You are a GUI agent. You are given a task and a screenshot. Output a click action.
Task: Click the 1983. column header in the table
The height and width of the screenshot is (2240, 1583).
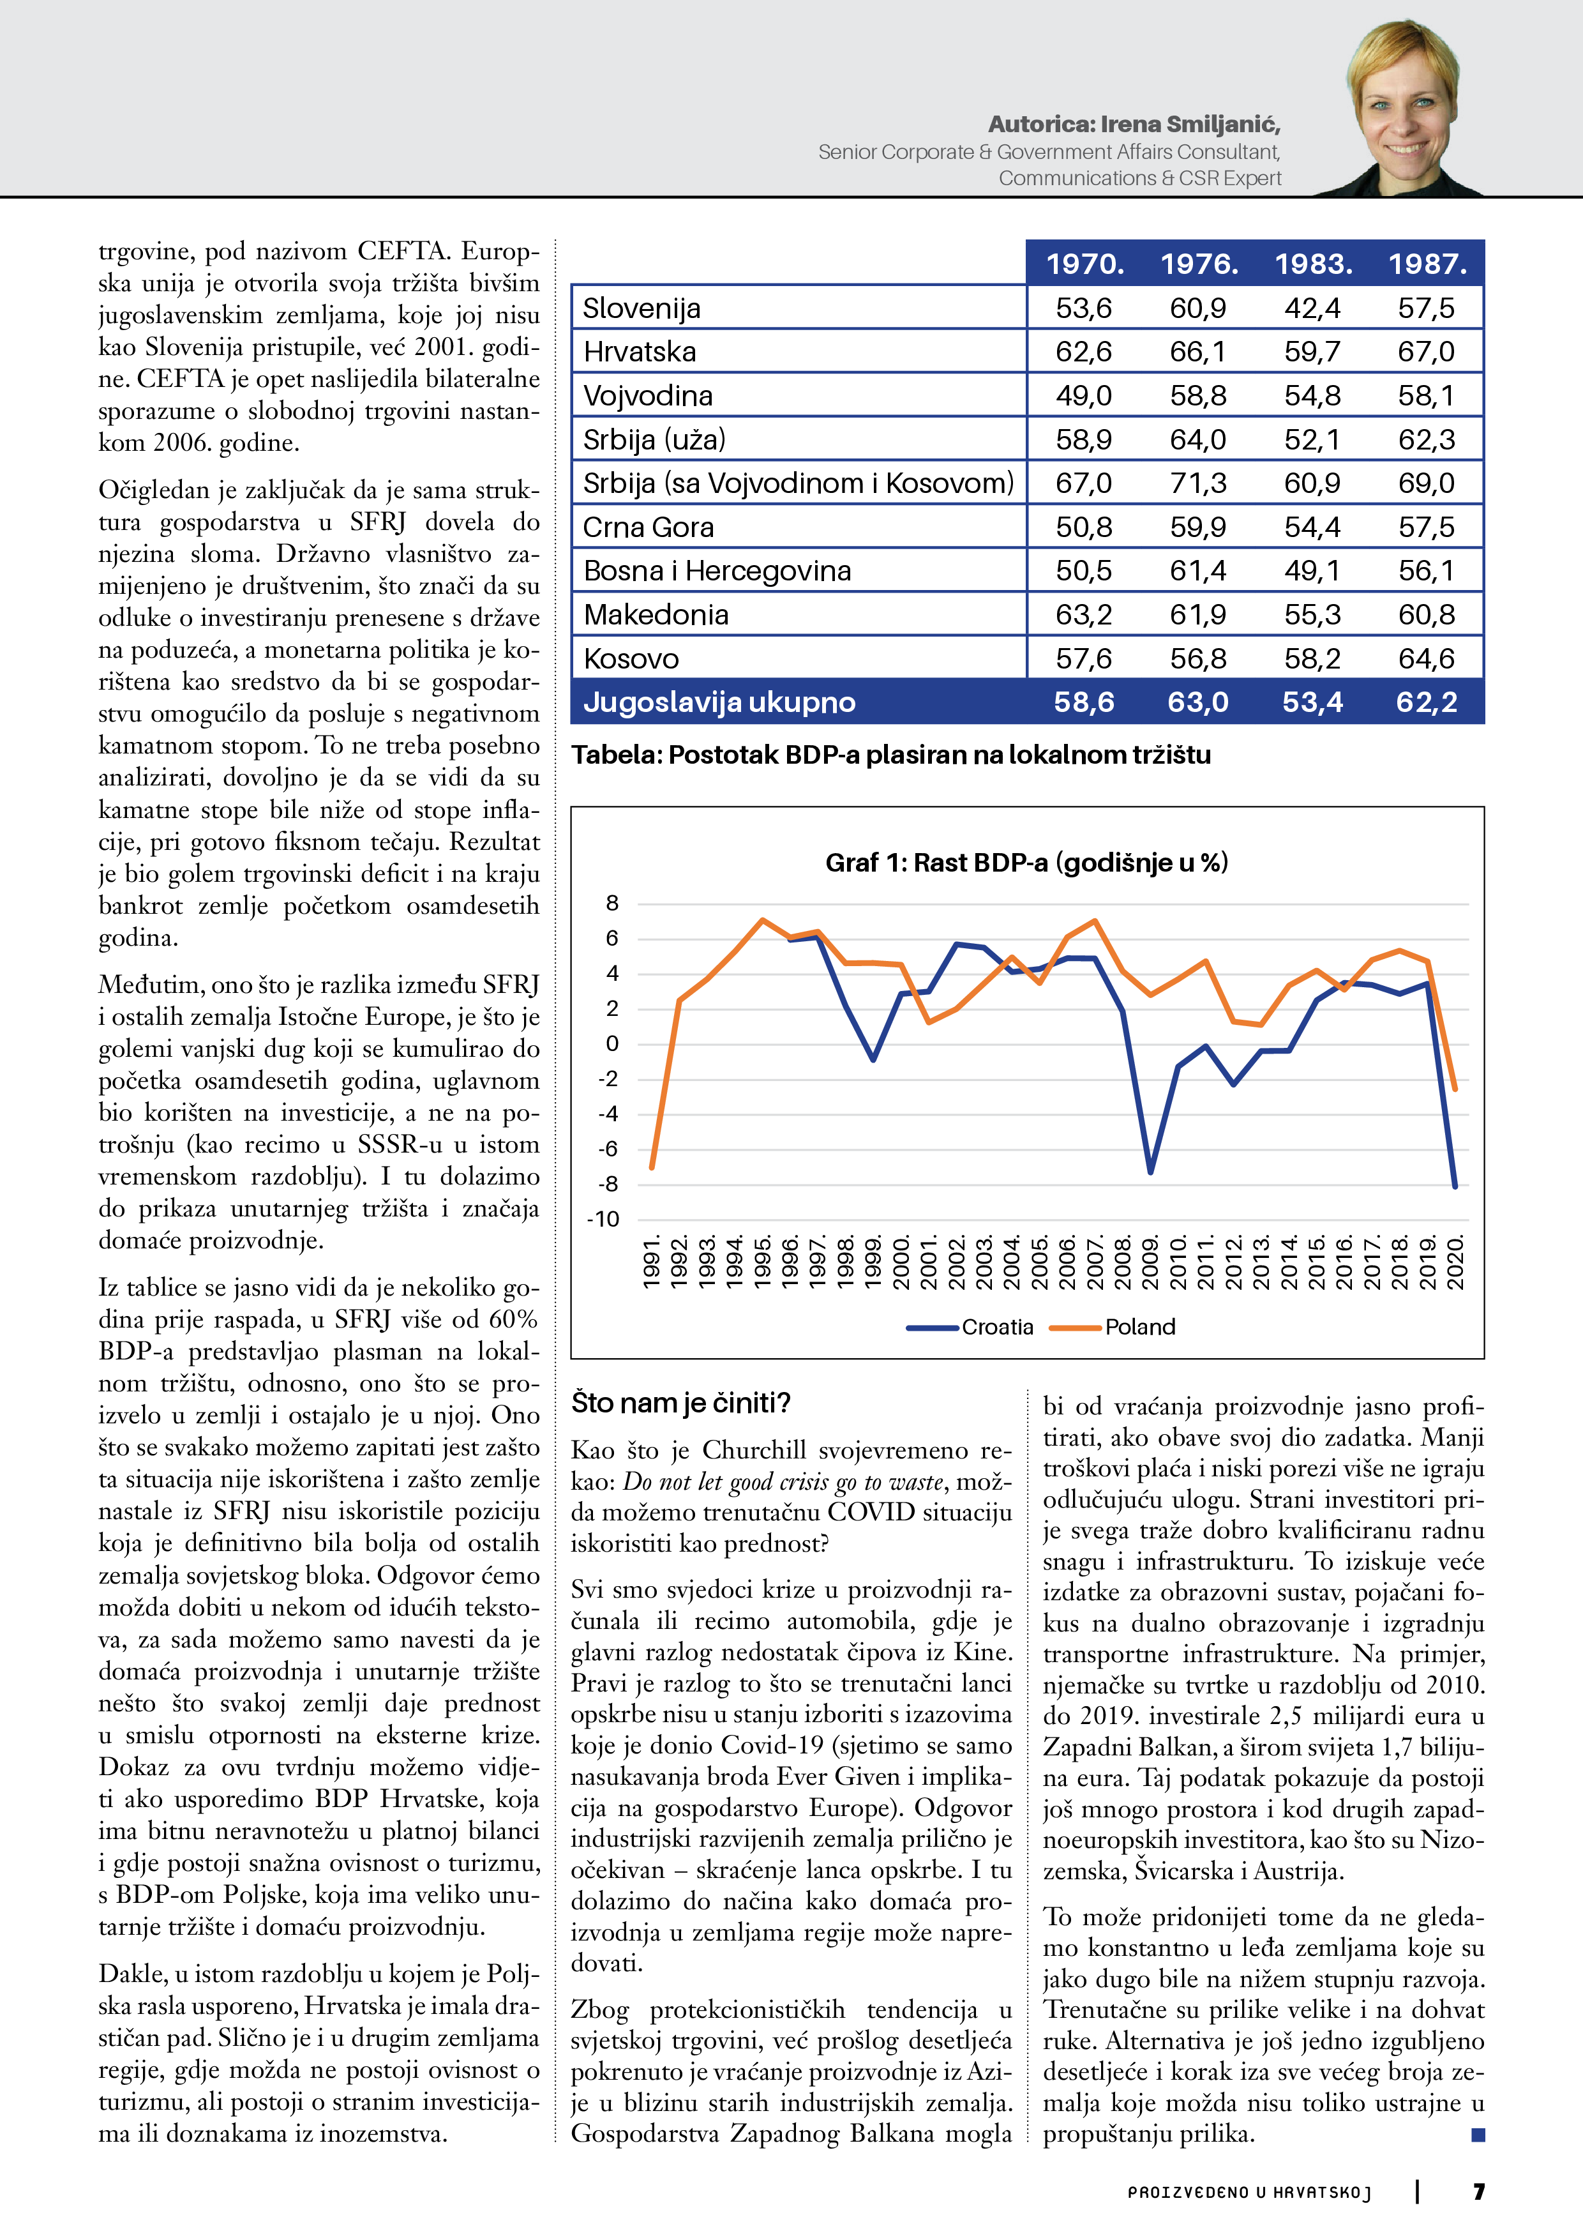click(1313, 264)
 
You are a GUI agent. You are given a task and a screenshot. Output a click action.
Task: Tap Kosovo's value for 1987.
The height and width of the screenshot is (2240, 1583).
click(1426, 658)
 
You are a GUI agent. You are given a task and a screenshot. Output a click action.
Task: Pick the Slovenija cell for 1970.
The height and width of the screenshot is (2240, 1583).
click(1084, 308)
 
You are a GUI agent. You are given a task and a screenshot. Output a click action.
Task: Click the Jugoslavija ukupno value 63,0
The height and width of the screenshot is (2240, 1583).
click(1197, 702)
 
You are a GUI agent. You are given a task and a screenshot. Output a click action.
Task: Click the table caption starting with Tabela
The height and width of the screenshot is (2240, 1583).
click(890, 755)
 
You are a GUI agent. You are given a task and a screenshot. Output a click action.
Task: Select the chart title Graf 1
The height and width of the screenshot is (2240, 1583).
click(1026, 863)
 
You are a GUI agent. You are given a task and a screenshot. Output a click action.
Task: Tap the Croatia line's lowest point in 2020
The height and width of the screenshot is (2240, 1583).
click(1454, 1186)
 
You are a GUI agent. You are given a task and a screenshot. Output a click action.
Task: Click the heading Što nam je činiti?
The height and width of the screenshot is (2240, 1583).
click(681, 1403)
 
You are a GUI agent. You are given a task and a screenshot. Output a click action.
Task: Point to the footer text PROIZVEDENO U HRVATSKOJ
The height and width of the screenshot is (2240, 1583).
click(1249, 2192)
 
